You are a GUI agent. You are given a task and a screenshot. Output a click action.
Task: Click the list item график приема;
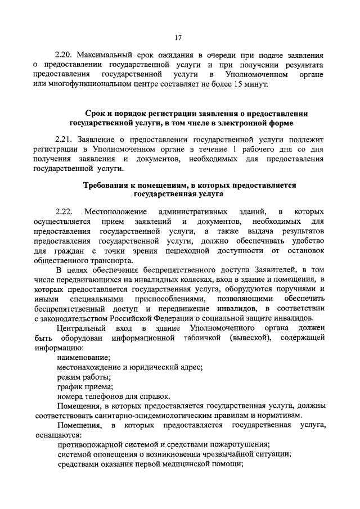click(x=85, y=386)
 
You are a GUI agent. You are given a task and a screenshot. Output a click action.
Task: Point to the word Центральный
click(x=82, y=328)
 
